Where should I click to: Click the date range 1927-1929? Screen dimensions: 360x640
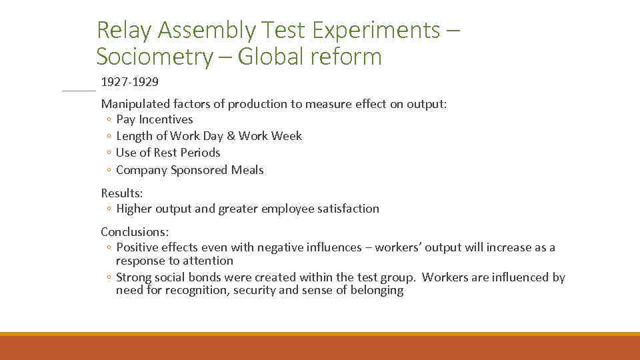tap(129, 82)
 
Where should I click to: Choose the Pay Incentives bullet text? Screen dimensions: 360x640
tap(154, 119)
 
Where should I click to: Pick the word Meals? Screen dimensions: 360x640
tap(247, 170)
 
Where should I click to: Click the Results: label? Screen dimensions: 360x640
tap(121, 193)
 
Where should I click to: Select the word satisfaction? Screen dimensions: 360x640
tap(349, 209)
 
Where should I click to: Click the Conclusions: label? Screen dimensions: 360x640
tap(134, 231)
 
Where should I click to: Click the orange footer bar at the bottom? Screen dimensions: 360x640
tap(320, 347)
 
